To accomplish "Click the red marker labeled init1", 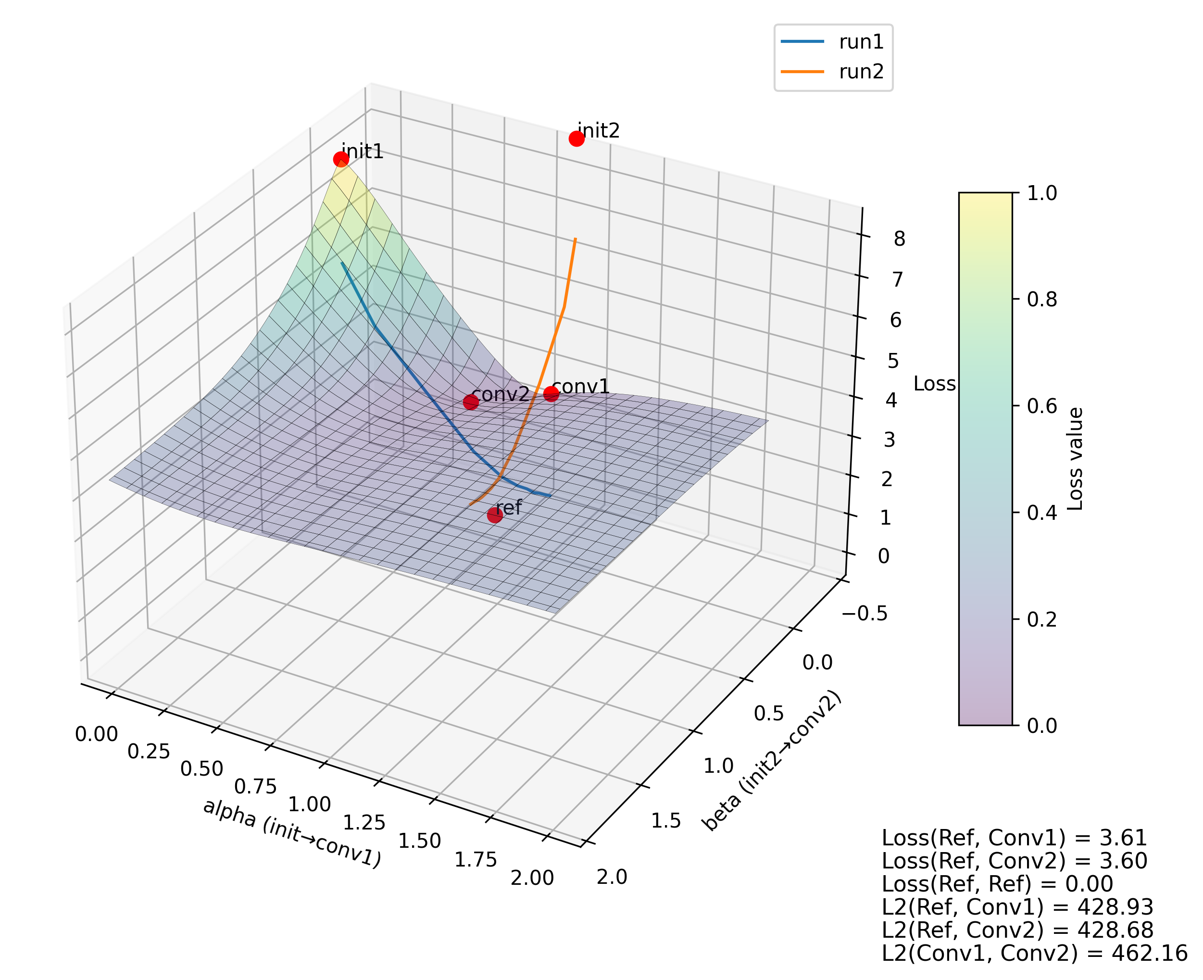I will tap(340, 159).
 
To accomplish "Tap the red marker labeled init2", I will tap(576, 138).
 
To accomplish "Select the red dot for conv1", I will tap(551, 393).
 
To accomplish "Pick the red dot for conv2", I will tap(470, 402).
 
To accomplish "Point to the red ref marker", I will tap(495, 515).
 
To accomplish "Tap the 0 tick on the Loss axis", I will tap(883, 556).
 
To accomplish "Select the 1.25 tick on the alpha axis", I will tap(363, 822).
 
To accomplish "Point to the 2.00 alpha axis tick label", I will tap(532, 879).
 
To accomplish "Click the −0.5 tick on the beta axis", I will tap(865, 614).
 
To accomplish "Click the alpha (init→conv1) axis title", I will tap(292, 833).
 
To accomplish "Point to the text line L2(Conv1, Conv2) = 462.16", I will tap(1034, 953).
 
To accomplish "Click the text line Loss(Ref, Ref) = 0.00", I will tap(997, 883).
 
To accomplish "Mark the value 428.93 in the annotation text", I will tap(1115, 906).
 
